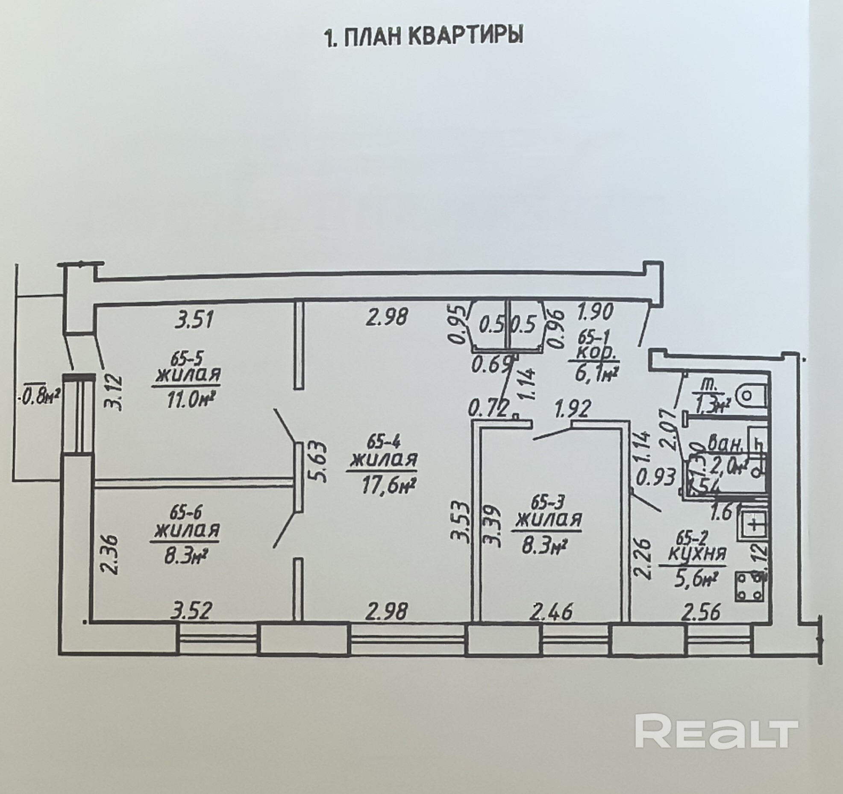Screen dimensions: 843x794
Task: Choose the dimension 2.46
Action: pos(551,613)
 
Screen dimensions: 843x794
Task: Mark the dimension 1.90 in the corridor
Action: pos(596,311)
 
